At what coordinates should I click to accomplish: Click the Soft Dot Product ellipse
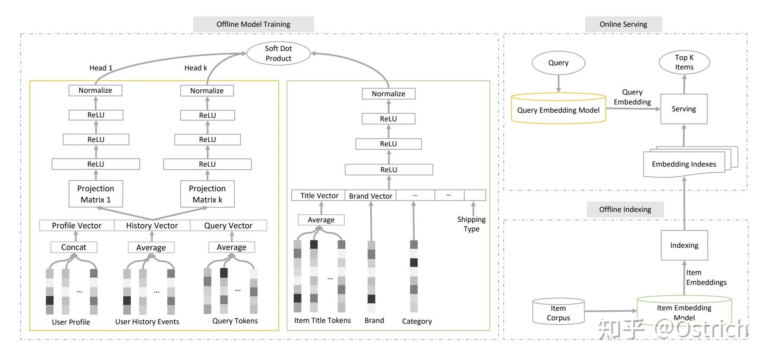[x=278, y=54]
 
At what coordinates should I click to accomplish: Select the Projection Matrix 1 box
[x=96, y=194]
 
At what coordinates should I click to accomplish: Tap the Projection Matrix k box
[x=207, y=194]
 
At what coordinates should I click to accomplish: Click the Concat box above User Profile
[x=74, y=247]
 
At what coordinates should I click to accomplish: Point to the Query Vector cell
[x=228, y=225]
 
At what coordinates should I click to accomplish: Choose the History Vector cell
[x=152, y=225]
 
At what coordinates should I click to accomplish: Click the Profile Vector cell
[x=77, y=225]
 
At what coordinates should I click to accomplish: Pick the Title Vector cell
[x=319, y=196]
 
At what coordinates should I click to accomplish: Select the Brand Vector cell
[x=371, y=196]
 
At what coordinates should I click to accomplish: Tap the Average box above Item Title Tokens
[x=321, y=220]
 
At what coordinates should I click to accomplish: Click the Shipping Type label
[x=472, y=224]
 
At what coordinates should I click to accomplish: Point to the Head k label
[x=195, y=68]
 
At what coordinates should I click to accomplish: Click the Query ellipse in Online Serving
[x=558, y=63]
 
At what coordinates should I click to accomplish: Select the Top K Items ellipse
[x=684, y=63]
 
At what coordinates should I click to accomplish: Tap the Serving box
[x=684, y=109]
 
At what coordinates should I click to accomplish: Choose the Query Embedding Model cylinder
[x=558, y=110]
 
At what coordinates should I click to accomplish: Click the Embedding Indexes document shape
[x=684, y=164]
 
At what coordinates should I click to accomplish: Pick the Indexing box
[x=684, y=245]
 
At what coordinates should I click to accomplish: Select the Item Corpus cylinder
[x=558, y=313]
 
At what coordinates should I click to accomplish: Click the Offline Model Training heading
[x=253, y=24]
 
